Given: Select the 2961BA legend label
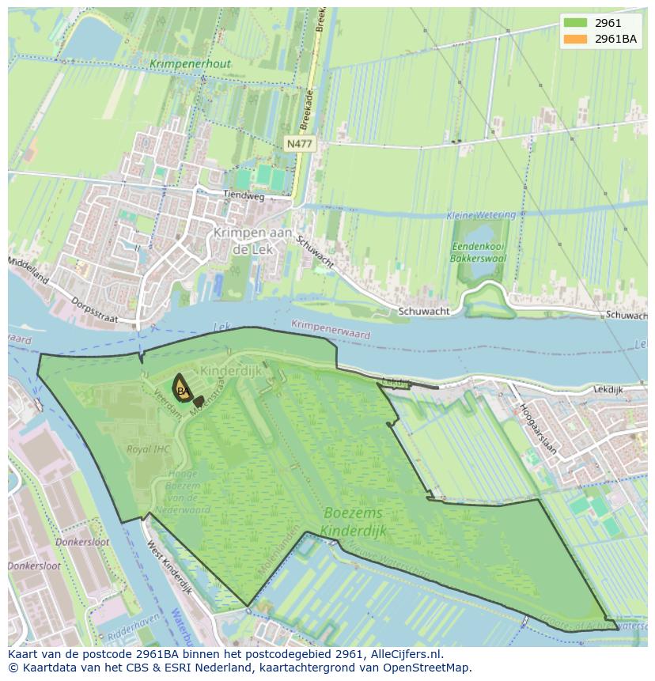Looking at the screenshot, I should (x=616, y=39).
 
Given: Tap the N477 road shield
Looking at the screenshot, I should (x=299, y=143).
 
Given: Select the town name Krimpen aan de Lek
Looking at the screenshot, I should (x=252, y=240).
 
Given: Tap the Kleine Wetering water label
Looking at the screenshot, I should (x=480, y=215).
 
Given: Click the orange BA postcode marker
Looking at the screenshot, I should (x=183, y=390).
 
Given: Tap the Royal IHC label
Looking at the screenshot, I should (x=148, y=449).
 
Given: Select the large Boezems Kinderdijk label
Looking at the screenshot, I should (x=354, y=521).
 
